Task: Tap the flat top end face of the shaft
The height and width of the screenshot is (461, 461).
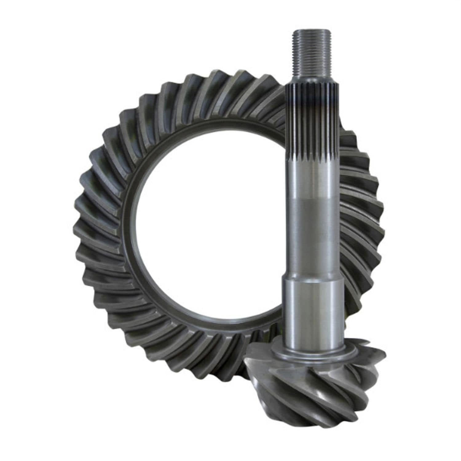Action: point(311,31)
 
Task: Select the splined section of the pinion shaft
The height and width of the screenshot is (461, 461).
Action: point(312,123)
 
